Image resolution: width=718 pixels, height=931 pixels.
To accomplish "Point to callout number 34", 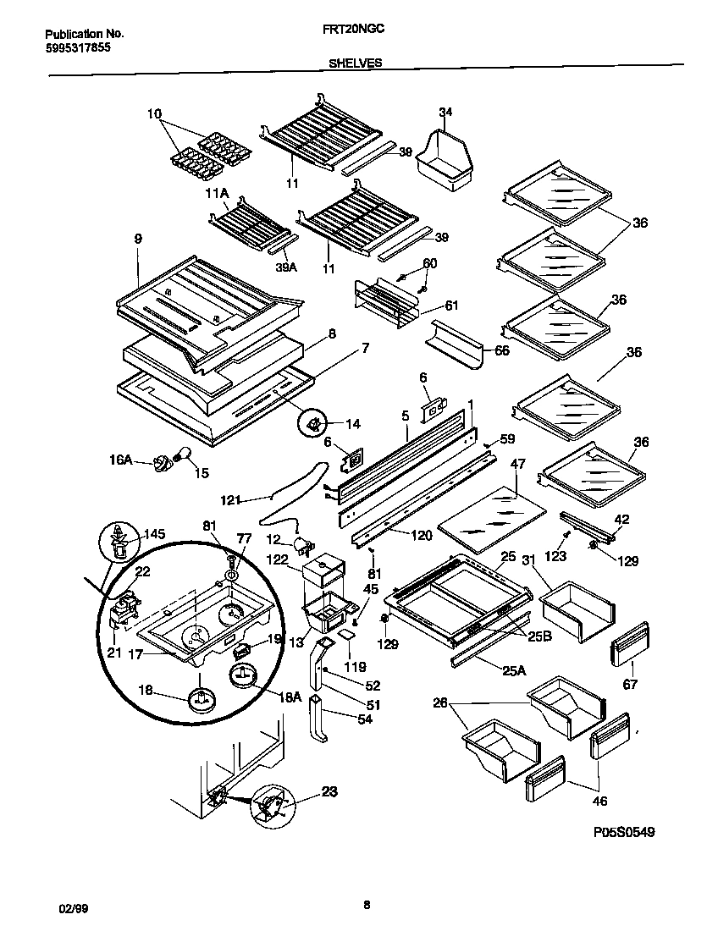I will pyautogui.click(x=446, y=113).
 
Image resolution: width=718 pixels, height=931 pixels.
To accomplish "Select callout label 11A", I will pyautogui.click(x=217, y=194).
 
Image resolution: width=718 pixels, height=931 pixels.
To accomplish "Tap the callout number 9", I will pyautogui.click(x=137, y=239).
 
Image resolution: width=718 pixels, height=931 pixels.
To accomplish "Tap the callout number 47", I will pyautogui.click(x=518, y=465).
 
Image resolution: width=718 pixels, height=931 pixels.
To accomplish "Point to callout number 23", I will pyautogui.click(x=329, y=793).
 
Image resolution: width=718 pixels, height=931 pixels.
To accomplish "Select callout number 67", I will pyautogui.click(x=630, y=684).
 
